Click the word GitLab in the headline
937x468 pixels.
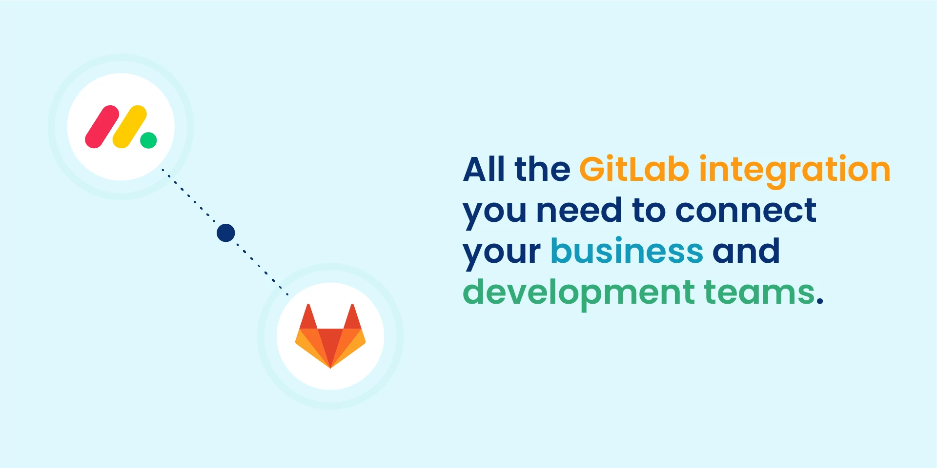point(634,169)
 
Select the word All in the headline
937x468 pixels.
point(484,169)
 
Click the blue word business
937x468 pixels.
point(627,251)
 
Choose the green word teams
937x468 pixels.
point(760,292)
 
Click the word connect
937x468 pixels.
point(746,211)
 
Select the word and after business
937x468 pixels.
point(746,251)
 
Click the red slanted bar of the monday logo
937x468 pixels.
point(102,127)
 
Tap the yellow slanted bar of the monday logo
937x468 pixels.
point(130,127)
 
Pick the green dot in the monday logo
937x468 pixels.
point(148,140)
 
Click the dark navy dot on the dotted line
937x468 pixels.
point(226,233)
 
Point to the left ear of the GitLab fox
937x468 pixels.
point(308,316)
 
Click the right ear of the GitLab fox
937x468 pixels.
point(352,316)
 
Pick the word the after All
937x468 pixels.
point(542,169)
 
